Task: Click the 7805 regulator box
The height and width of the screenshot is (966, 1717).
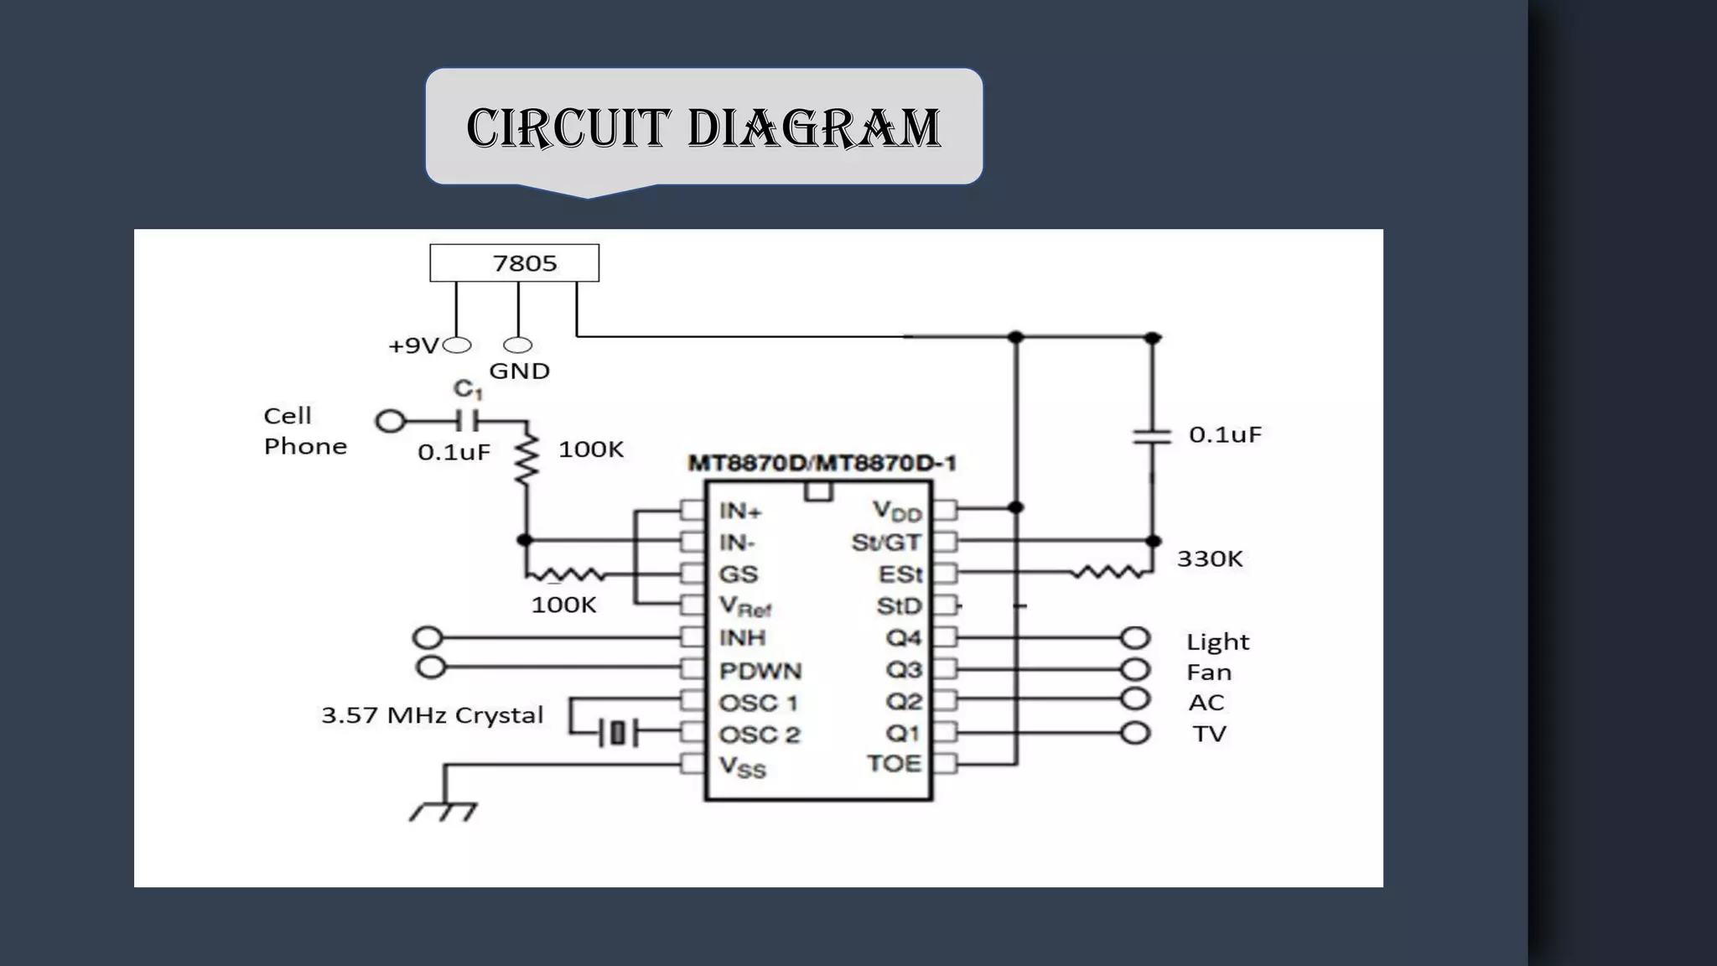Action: [x=514, y=262]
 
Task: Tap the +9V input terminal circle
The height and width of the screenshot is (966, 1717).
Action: [x=457, y=345]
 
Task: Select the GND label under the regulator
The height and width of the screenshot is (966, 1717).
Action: [x=519, y=371]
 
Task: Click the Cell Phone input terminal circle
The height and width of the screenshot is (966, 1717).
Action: [x=390, y=420]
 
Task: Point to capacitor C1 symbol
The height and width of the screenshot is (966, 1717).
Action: [x=467, y=419]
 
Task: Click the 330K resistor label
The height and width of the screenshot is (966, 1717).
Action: [x=1209, y=558]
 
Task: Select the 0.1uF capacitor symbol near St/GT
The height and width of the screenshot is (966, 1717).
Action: [x=1151, y=435]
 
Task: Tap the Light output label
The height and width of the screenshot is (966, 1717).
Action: [x=1217, y=641]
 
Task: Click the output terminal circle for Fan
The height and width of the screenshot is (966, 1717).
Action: [x=1134, y=669]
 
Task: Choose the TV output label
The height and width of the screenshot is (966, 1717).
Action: [x=1209, y=734]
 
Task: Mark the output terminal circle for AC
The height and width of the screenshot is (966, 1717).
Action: [x=1134, y=699]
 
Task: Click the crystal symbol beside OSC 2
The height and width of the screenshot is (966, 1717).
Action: [x=618, y=734]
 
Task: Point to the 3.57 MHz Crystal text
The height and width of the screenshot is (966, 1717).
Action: [x=432, y=715]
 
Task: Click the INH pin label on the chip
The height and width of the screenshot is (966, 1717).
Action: [x=742, y=638]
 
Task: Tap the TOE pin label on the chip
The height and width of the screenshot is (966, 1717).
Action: [x=894, y=764]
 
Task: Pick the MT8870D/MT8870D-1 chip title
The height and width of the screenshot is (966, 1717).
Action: [x=822, y=463]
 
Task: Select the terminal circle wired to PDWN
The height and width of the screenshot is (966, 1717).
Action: [x=430, y=667]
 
